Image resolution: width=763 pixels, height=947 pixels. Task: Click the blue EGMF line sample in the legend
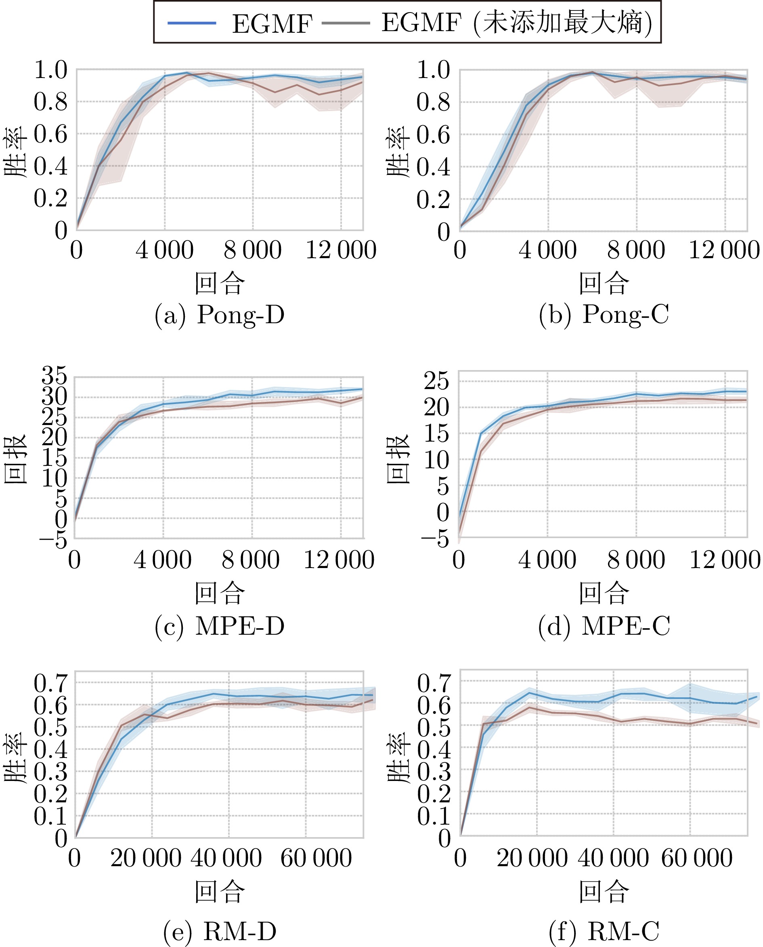pyautogui.click(x=192, y=23)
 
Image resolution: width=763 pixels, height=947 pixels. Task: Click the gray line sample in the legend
pyautogui.click(x=346, y=23)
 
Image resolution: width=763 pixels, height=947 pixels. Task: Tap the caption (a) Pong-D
pyautogui.click(x=219, y=315)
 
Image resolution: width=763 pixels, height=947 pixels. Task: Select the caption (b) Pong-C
pyautogui.click(x=604, y=315)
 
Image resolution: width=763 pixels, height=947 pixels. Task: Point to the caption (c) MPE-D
pyautogui.click(x=219, y=626)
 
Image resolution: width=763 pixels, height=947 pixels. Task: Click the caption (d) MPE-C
pyautogui.click(x=604, y=626)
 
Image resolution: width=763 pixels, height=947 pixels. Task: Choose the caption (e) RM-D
pyautogui.click(x=219, y=931)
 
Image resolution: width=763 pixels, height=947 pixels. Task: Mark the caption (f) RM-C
pyautogui.click(x=604, y=931)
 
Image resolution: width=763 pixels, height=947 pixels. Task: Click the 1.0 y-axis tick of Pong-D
pyautogui.click(x=51, y=70)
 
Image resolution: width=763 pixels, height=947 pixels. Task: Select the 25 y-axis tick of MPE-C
pyautogui.click(x=436, y=381)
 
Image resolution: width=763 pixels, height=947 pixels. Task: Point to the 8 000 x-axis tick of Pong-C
pyautogui.click(x=636, y=250)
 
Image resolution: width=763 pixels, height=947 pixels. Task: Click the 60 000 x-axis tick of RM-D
pyautogui.click(x=316, y=858)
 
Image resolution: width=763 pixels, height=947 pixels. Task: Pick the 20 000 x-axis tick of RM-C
pyautogui.click(x=532, y=858)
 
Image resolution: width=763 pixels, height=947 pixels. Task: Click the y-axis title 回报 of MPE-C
pyautogui.click(x=398, y=459)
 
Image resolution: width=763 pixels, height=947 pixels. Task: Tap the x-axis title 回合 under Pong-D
pyautogui.click(x=219, y=283)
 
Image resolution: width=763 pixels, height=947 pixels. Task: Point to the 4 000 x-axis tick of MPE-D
pyautogui.click(x=163, y=560)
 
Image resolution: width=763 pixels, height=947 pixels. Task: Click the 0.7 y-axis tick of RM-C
pyautogui.click(x=434, y=683)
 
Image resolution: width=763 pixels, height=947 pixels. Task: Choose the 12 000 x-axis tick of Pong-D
pyautogui.click(x=341, y=250)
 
